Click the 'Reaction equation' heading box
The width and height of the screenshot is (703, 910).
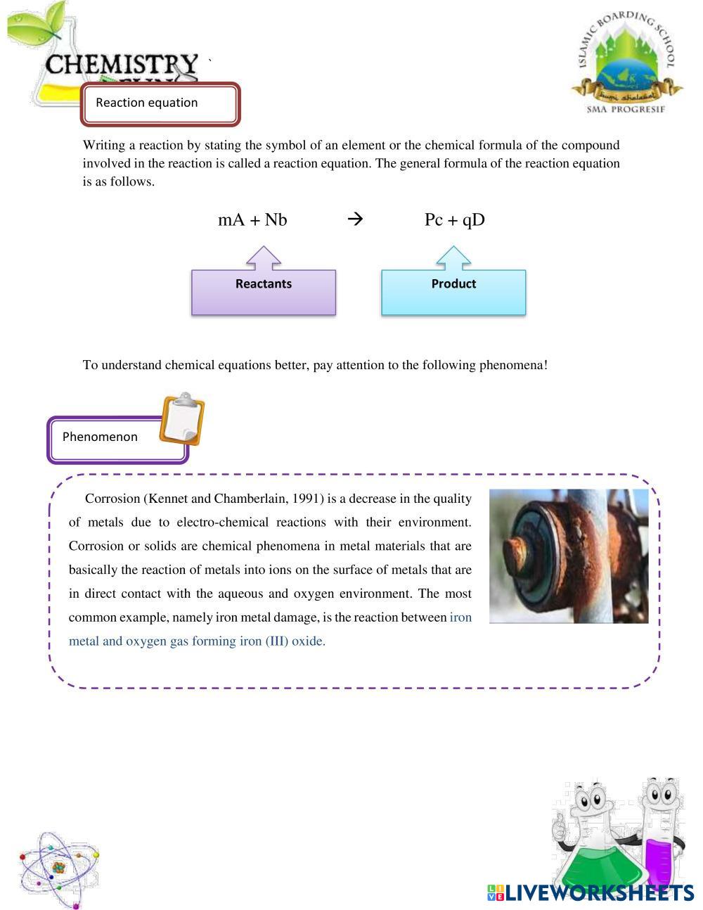click(160, 104)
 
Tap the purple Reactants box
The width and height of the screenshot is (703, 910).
click(264, 290)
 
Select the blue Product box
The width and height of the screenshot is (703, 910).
click(453, 290)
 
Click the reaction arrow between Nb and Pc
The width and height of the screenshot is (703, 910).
click(355, 219)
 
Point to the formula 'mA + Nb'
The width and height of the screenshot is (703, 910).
click(252, 220)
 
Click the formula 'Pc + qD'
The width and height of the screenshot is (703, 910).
click(454, 220)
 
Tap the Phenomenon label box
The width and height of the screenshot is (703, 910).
click(117, 439)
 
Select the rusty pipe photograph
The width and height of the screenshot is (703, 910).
click(569, 556)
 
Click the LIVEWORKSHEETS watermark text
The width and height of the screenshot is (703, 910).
click(598, 893)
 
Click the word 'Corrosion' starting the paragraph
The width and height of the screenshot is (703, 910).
click(112, 499)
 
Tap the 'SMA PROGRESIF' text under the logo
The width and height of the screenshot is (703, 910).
click(626, 110)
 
